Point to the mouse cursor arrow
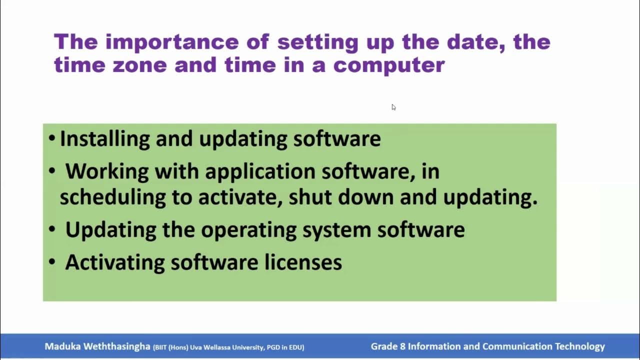[393, 107]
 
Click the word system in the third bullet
[337, 230]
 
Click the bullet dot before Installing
[52, 139]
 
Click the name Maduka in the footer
[62, 346]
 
